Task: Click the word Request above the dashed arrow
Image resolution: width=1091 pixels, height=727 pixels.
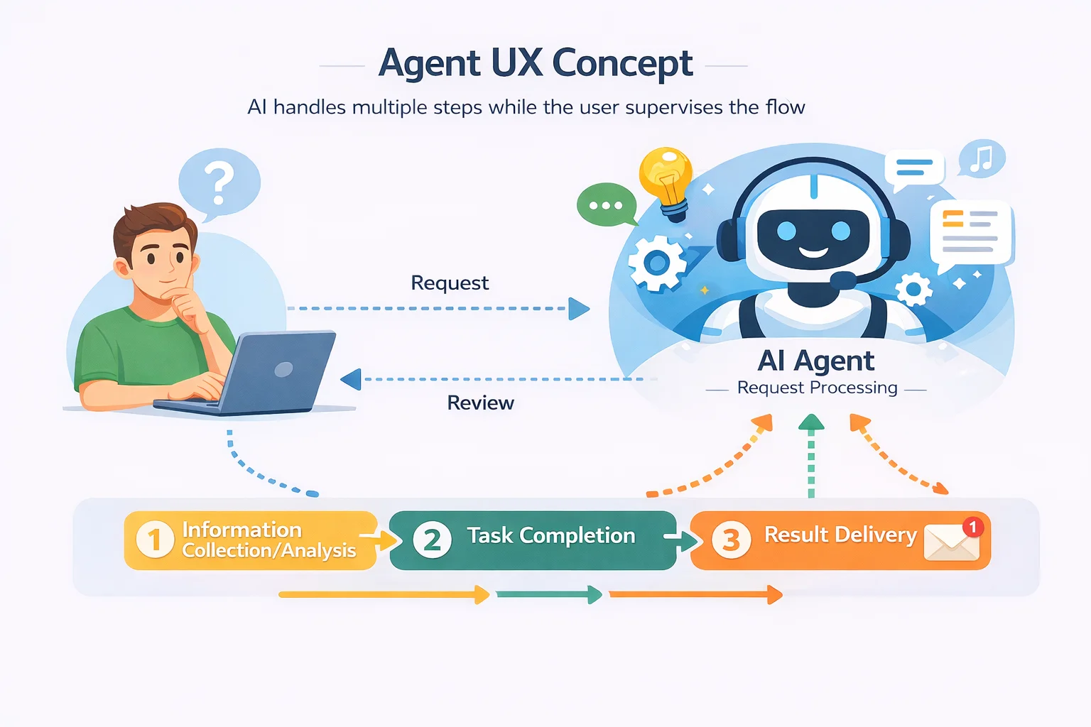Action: point(450,283)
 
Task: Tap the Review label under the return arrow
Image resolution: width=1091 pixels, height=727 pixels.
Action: point(480,403)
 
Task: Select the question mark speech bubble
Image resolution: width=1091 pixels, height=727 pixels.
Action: point(219,182)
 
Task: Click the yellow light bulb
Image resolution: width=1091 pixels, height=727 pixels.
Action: point(666,176)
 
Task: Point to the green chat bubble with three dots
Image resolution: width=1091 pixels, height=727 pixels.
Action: point(606,205)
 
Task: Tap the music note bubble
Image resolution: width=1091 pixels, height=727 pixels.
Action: point(982,158)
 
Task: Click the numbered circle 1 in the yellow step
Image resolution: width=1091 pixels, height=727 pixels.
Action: point(154,540)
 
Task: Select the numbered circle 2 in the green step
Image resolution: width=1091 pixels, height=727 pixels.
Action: point(432,540)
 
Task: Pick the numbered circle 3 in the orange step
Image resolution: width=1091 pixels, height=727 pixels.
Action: point(731,540)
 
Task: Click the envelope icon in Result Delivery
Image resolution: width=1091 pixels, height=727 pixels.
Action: point(951,544)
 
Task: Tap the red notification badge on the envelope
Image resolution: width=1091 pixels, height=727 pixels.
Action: point(973,527)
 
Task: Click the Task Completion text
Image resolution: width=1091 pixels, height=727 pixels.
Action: point(550,535)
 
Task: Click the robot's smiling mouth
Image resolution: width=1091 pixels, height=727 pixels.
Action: point(813,251)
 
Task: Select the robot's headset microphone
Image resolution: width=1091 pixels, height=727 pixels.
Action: point(843,280)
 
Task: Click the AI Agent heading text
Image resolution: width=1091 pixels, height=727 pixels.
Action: point(816,361)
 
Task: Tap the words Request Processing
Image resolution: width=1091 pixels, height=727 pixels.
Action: point(817,388)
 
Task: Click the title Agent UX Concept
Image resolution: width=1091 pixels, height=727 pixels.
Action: point(536,63)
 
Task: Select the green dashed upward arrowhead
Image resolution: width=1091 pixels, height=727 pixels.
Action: point(811,423)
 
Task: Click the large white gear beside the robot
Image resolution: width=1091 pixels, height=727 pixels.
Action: point(657,263)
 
